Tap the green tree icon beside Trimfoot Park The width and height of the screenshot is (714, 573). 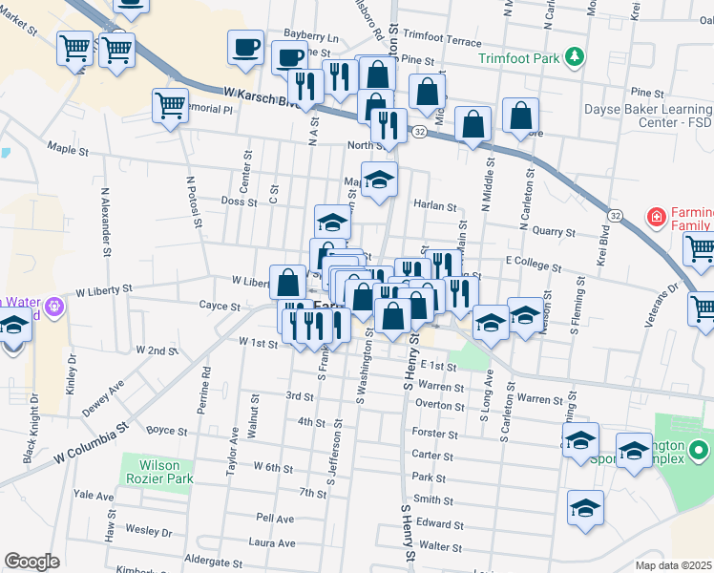point(575,58)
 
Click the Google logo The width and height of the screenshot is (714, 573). point(32,562)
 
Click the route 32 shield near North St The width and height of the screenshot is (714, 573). point(419,135)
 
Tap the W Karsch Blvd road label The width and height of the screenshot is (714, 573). point(258,96)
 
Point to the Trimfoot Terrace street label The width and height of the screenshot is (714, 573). point(442,42)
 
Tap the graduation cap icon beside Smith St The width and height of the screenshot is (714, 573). point(585,507)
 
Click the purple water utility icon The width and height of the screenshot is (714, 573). point(53,307)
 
